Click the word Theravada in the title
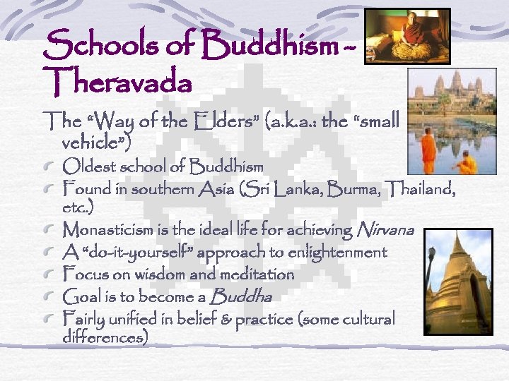point(117,83)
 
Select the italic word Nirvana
point(386,229)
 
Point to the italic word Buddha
point(241,296)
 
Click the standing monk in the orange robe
point(428,151)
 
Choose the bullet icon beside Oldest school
point(50,168)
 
